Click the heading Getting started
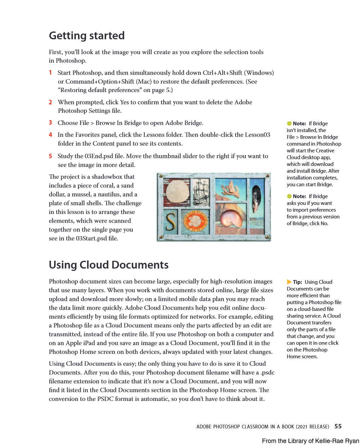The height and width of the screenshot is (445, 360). [87, 36]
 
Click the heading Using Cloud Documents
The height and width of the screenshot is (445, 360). [108, 265]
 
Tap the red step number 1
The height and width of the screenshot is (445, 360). [51, 72]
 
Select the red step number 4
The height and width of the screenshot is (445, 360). [51, 135]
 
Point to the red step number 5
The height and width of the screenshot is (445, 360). [51, 156]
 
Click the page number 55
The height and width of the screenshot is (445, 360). [338, 426]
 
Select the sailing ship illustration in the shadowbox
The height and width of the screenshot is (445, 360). [202, 192]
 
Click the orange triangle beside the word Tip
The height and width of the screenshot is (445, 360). [289, 282]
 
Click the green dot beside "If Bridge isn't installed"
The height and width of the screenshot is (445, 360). [289, 124]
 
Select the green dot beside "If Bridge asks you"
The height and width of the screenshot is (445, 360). [289, 196]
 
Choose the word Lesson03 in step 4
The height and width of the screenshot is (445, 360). [257, 135]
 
